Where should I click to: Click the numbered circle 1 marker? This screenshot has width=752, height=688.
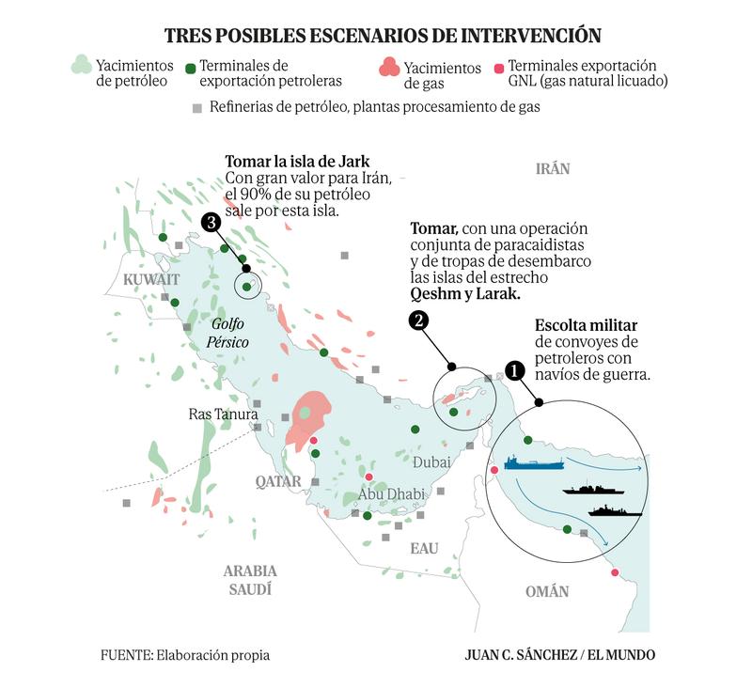click(514, 370)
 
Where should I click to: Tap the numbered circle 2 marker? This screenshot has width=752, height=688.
click(419, 321)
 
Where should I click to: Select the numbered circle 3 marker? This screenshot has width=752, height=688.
click(212, 223)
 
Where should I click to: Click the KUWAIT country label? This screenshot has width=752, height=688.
click(150, 280)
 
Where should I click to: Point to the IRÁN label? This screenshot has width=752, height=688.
click(553, 169)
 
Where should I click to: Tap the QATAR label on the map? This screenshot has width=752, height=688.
click(278, 481)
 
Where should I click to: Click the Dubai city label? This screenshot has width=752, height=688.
click(432, 462)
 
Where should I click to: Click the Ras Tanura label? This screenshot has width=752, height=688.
click(217, 414)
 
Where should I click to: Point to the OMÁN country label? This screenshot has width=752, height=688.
click(546, 591)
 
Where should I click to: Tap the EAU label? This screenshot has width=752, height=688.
click(424, 547)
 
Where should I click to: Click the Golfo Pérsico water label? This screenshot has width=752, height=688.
click(229, 334)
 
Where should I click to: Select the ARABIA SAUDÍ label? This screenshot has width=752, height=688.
click(250, 580)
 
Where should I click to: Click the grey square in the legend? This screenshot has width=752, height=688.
click(196, 108)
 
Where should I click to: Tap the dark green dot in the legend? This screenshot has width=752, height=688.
click(190, 68)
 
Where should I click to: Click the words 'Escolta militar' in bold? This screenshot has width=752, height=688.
click(586, 325)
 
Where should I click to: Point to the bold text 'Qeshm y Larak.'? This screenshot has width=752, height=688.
click(465, 294)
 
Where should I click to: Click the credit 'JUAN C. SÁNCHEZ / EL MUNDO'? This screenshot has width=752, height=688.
click(560, 655)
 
